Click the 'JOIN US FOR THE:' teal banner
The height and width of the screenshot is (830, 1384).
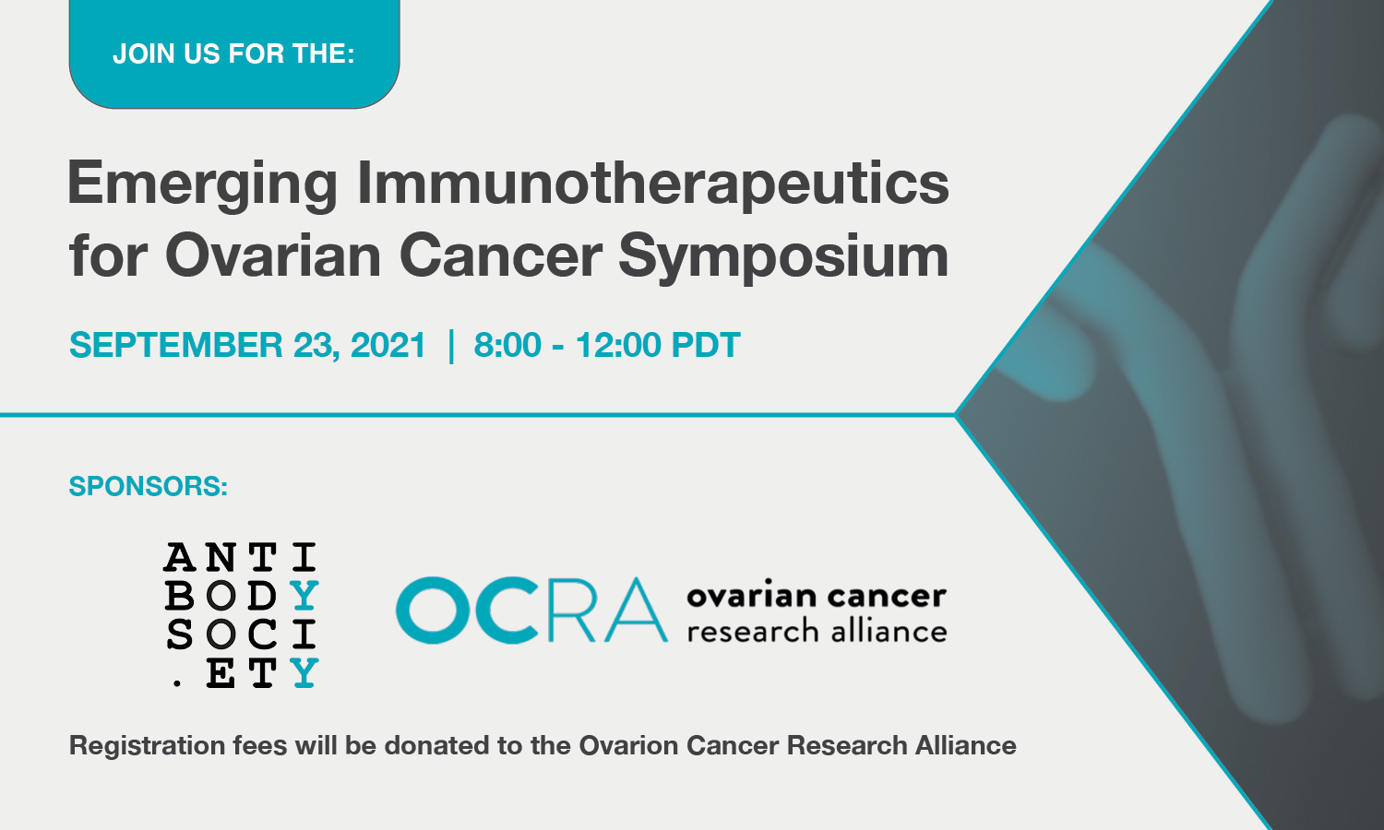point(234,53)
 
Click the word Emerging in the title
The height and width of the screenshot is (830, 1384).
point(203,184)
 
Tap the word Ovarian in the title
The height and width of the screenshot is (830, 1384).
point(273,255)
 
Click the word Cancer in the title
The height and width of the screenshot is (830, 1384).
point(500,255)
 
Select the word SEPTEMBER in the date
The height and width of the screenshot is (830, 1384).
point(175,345)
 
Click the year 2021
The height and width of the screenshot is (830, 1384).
point(388,345)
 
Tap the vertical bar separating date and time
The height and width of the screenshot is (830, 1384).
point(451,346)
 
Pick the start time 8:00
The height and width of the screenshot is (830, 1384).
point(507,345)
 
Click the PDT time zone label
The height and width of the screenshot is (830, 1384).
point(706,345)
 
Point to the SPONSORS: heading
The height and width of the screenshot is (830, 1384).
point(149,487)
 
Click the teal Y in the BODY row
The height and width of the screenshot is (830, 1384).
point(304,595)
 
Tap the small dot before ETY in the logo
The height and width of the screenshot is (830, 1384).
point(178,683)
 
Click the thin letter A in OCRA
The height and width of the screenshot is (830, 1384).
point(636,611)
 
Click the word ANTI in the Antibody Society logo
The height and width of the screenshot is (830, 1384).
point(241,557)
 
